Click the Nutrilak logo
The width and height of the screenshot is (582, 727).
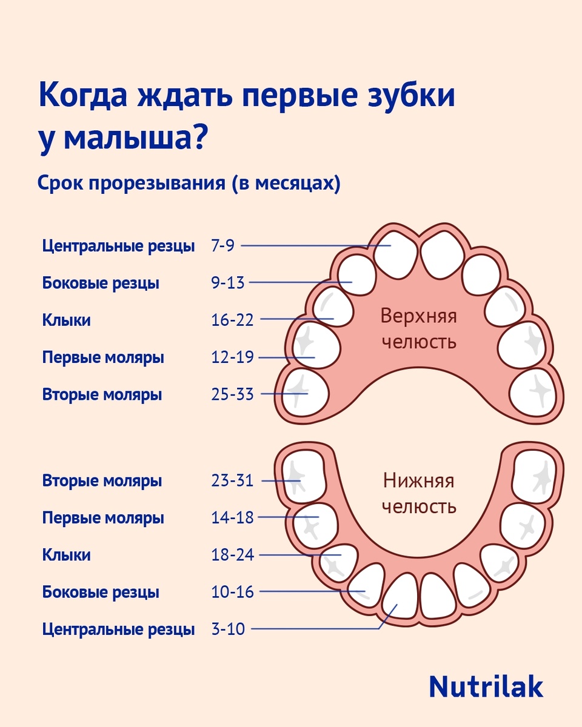click(x=486, y=686)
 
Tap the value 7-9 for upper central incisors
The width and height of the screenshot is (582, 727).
click(x=222, y=246)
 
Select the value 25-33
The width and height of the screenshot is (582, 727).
click(x=232, y=395)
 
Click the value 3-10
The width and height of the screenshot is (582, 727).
click(x=228, y=629)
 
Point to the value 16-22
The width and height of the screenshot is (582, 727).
click(x=232, y=320)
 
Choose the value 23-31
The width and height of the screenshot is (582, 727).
click(x=232, y=481)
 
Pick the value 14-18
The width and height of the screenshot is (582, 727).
click(x=232, y=518)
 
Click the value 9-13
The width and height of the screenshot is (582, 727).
click(x=228, y=283)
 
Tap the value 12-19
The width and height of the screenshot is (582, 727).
click(x=232, y=357)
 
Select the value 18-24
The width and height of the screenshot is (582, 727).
click(x=232, y=555)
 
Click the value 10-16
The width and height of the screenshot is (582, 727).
click(x=232, y=592)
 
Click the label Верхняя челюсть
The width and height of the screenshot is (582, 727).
click(x=418, y=328)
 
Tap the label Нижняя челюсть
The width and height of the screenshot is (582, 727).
click(x=418, y=493)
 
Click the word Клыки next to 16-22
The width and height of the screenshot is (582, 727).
click(x=67, y=320)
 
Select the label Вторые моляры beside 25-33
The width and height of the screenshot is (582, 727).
click(x=102, y=395)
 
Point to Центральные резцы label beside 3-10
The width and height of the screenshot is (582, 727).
click(x=118, y=629)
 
